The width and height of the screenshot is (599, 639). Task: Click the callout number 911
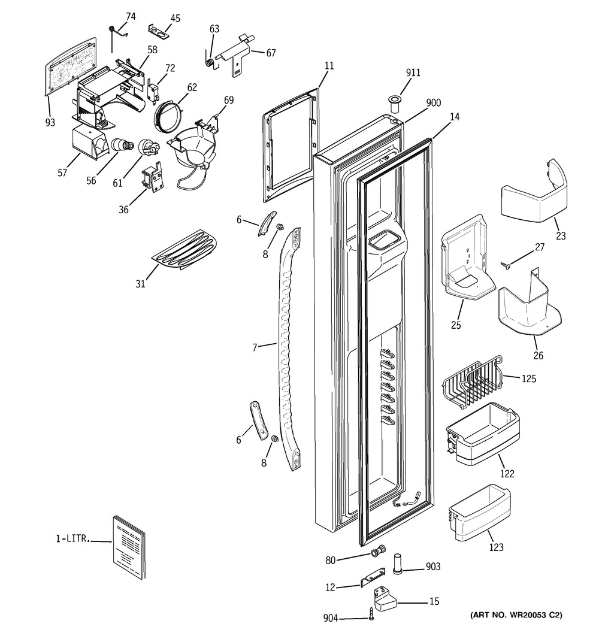[413, 72]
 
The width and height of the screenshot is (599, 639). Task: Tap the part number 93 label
[50, 122]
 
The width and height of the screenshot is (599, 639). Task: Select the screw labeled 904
[371, 614]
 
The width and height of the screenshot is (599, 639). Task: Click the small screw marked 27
[507, 265]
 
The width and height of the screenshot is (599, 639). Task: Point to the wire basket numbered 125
[472, 382]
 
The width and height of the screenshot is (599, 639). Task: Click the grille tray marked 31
[184, 249]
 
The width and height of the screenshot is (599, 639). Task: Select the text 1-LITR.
[72, 538]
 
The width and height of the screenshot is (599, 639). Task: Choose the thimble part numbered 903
[398, 563]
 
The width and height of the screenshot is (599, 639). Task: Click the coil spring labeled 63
[209, 62]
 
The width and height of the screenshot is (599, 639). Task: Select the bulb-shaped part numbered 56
[122, 145]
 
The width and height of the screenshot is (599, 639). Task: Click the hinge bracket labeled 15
[386, 598]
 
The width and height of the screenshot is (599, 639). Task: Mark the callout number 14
[455, 117]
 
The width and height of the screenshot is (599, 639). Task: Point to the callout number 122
[507, 474]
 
